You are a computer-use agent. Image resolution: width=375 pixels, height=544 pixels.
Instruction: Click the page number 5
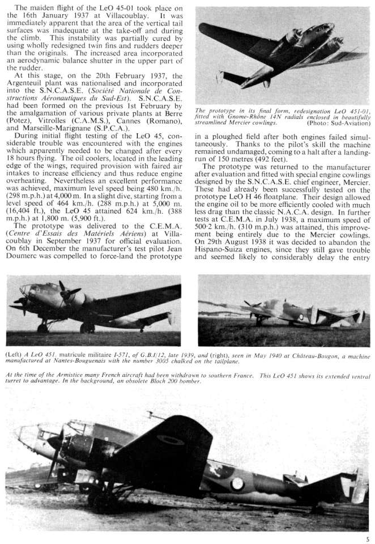point(369,538)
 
